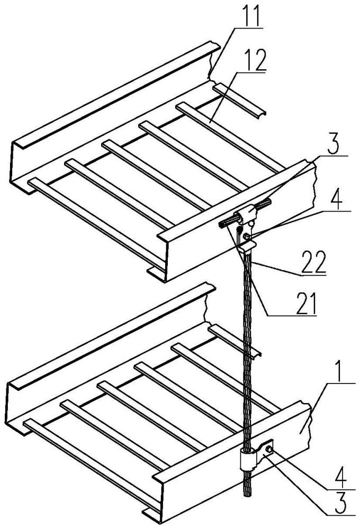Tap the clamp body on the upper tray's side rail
248,218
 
